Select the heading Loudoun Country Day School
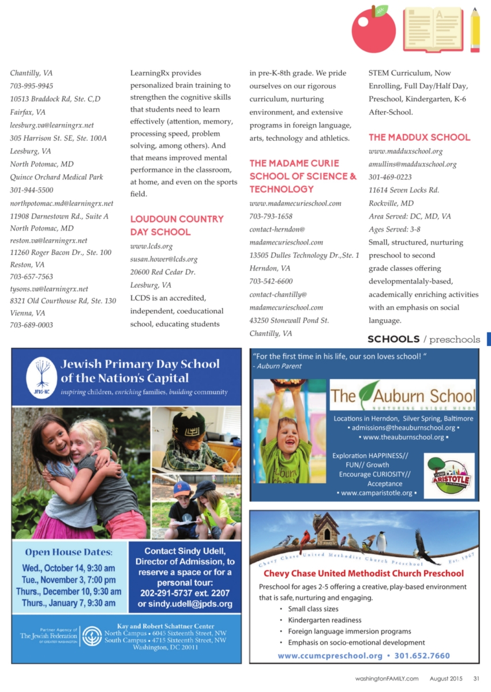177,225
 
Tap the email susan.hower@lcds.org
163,259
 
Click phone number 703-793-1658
271,216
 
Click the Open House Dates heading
69,552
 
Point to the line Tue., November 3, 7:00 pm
69,579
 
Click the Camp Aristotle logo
449,476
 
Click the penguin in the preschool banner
381,542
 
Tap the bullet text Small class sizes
313,609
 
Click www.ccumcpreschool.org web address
330,656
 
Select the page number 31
476,679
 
